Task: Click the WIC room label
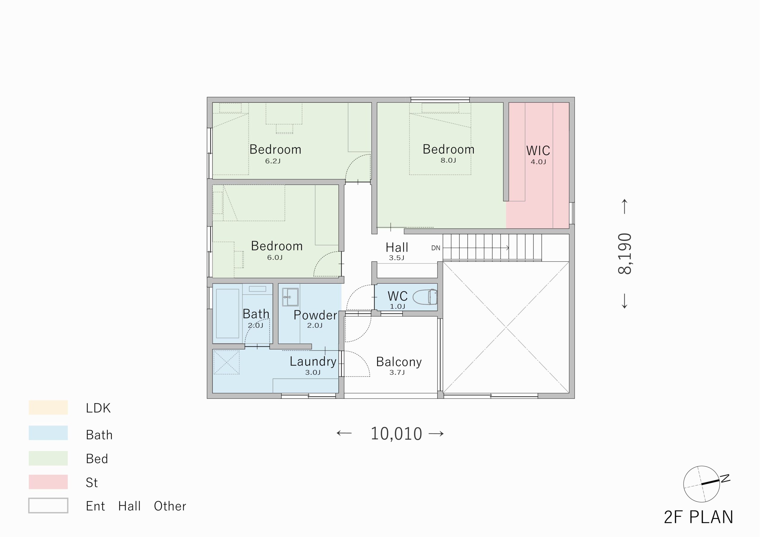538,150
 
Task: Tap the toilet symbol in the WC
425,297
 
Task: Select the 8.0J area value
448,161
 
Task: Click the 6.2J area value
273,161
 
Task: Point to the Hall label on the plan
397,247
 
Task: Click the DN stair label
436,248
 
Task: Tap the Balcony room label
399,362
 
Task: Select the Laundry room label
313,362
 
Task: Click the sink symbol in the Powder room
290,297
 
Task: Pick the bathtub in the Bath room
227,313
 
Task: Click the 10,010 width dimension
396,433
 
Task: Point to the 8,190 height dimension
625,254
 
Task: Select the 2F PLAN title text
699,517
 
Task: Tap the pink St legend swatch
48,482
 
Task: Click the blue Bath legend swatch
48,433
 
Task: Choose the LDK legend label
98,408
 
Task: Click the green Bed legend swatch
48,458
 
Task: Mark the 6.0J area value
275,258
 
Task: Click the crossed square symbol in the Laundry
227,362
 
